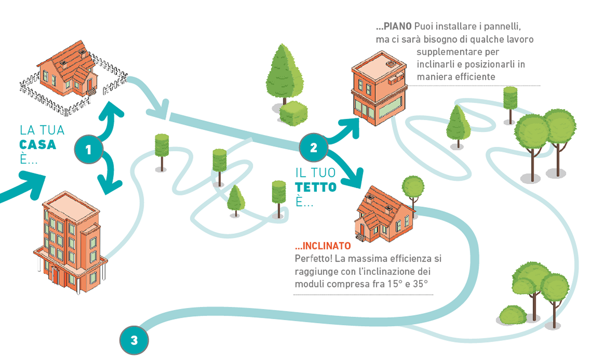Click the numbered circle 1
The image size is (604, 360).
(x=88, y=150)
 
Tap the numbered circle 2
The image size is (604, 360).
(x=314, y=148)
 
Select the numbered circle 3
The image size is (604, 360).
(x=134, y=340)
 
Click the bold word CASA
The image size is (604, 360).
(x=38, y=145)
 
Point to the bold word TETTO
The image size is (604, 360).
(x=316, y=187)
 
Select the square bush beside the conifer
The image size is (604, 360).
(x=294, y=113)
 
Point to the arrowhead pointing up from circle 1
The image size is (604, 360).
(x=111, y=110)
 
